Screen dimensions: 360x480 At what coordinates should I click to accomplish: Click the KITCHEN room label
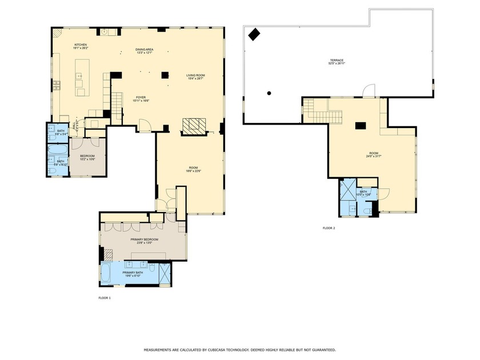coord(80,45)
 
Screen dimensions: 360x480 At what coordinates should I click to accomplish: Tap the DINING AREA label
coord(144,50)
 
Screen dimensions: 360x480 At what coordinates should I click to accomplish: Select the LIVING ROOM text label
coord(195,75)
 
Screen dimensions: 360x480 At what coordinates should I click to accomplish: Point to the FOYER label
coord(141,97)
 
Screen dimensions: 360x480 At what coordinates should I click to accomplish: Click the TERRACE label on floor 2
coord(336,60)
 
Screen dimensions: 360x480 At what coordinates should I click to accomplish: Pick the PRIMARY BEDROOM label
coord(143,239)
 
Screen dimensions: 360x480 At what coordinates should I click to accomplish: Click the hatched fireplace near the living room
coord(194,126)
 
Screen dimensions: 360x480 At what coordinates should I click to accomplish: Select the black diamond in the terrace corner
coord(254,34)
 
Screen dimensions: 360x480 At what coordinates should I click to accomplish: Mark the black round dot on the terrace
coord(269,93)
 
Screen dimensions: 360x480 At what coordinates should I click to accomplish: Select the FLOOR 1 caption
coord(105,298)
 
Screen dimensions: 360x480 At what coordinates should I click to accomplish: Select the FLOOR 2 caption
coord(329,228)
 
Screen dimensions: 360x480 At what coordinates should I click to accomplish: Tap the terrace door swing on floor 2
coord(369,91)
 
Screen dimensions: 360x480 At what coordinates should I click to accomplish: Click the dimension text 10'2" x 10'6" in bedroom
coord(87,159)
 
